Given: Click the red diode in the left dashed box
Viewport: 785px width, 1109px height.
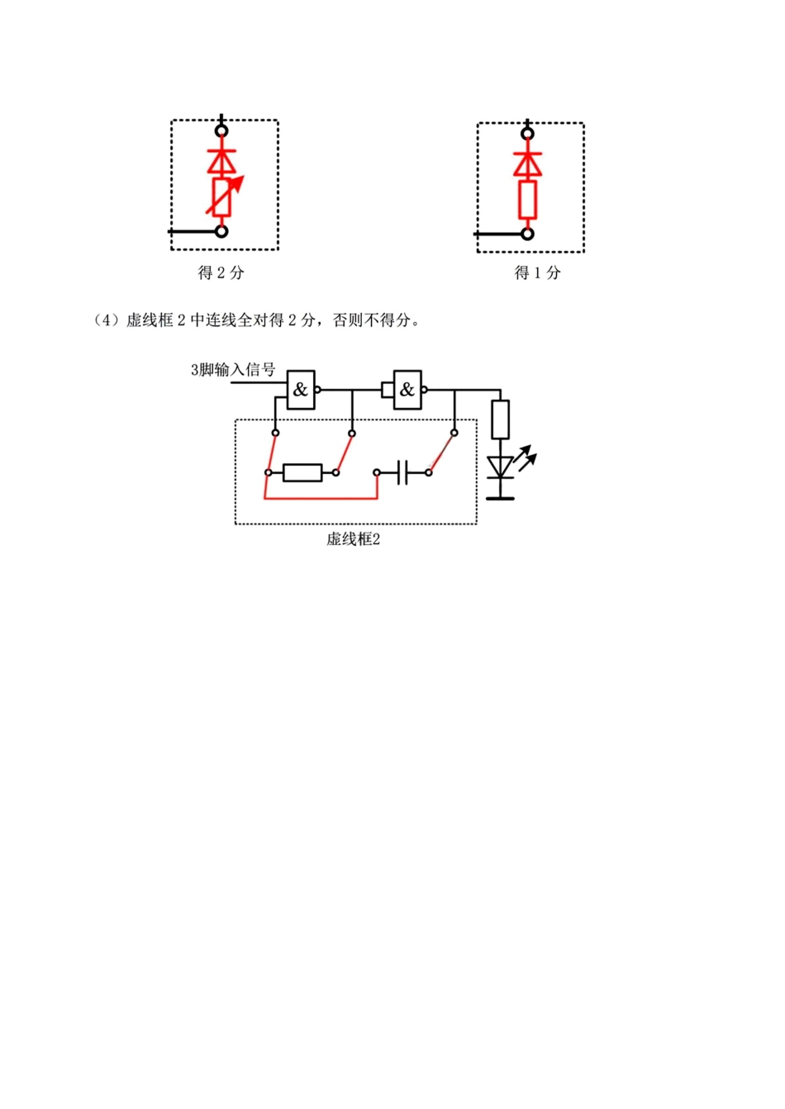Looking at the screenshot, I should click(x=221, y=160).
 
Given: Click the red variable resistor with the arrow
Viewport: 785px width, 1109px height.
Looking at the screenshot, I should click(x=221, y=197).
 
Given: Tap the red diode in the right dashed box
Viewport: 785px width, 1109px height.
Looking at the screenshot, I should click(x=527, y=164).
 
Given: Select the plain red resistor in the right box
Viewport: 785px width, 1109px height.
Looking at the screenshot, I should click(x=527, y=200).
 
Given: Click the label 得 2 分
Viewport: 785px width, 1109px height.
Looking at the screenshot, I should click(x=221, y=273).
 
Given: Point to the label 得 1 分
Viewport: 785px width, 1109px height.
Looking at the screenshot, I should click(x=537, y=273).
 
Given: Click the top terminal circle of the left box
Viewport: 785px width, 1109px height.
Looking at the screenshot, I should click(x=221, y=130).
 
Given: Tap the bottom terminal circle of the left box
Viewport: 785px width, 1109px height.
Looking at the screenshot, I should click(x=221, y=231).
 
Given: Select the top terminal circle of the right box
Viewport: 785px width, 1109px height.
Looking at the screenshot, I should click(x=527, y=133).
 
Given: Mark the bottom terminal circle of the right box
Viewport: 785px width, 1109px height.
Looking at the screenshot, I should click(x=527, y=234).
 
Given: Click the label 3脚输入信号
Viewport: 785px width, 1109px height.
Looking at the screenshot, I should click(x=233, y=370).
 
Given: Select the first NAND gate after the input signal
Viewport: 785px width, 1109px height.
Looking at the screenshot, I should click(x=301, y=389).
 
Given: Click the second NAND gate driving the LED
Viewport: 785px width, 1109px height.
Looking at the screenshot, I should click(x=407, y=389).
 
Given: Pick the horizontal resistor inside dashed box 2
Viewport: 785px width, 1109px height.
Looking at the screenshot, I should click(x=302, y=472).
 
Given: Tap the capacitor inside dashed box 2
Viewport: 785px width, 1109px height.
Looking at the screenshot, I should click(x=402, y=472).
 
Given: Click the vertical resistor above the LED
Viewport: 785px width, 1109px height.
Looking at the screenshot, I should click(x=500, y=419).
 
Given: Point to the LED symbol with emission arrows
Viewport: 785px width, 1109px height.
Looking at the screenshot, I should click(x=502, y=467).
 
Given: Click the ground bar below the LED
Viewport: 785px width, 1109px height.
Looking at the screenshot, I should click(x=500, y=498).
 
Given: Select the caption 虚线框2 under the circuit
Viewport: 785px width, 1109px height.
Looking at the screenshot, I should click(x=353, y=540).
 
